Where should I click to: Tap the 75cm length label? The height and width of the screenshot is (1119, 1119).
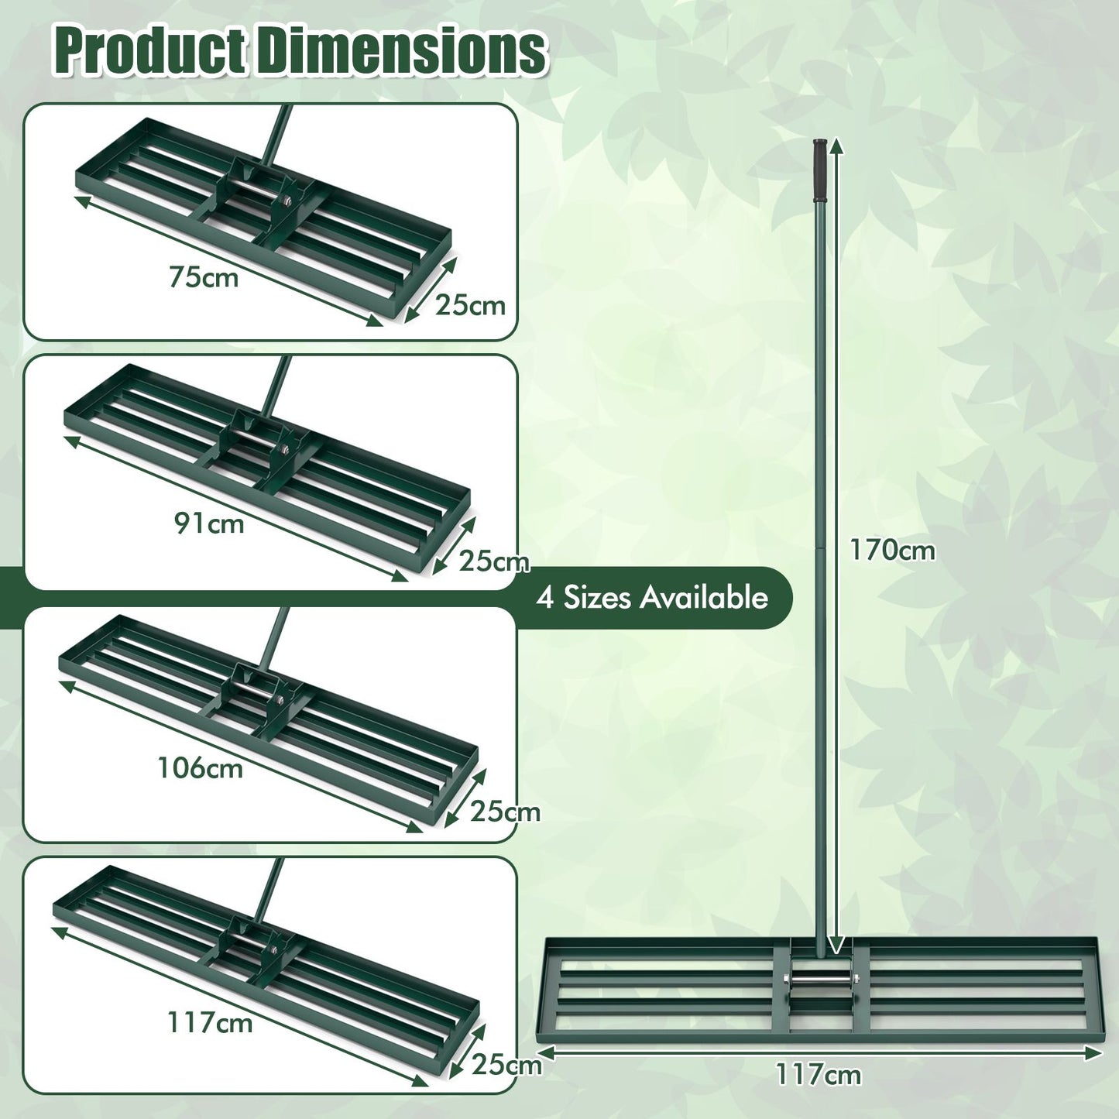[x=204, y=277]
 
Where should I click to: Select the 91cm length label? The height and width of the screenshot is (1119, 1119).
[x=209, y=523]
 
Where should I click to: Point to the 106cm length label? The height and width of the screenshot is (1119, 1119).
[x=201, y=768]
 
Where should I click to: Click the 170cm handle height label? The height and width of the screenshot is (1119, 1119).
[x=892, y=551]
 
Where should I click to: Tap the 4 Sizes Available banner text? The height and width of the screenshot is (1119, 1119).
[x=652, y=598]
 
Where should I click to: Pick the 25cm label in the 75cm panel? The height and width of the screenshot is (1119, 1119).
[x=470, y=305]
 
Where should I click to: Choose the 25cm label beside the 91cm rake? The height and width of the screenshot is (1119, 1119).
[x=493, y=561]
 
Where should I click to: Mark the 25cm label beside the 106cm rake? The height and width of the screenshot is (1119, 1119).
[x=505, y=812]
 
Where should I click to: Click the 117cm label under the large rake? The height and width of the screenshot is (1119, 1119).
[x=819, y=1075]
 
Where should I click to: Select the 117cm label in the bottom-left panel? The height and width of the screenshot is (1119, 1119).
[x=210, y=1023]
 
